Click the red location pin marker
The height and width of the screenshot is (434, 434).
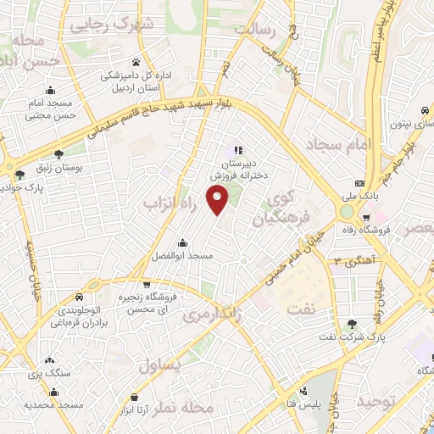(219, 202)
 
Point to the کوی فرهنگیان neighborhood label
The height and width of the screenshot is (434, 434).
(277, 209)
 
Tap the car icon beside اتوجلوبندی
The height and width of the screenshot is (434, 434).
(78, 298)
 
